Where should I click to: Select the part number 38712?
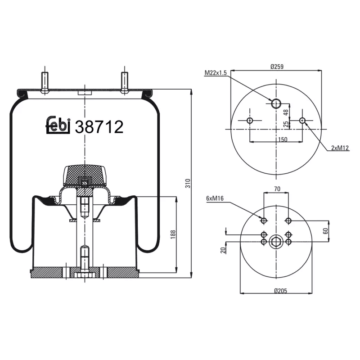(x=99, y=127)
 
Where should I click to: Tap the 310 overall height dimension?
(x=189, y=183)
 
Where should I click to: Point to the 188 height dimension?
(x=173, y=234)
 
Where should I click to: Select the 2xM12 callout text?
(x=340, y=148)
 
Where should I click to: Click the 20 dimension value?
(x=223, y=250)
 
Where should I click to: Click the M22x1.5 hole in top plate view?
(x=276, y=103)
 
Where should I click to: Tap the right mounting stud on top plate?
(x=124, y=82)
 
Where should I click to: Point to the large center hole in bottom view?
(x=275, y=242)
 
